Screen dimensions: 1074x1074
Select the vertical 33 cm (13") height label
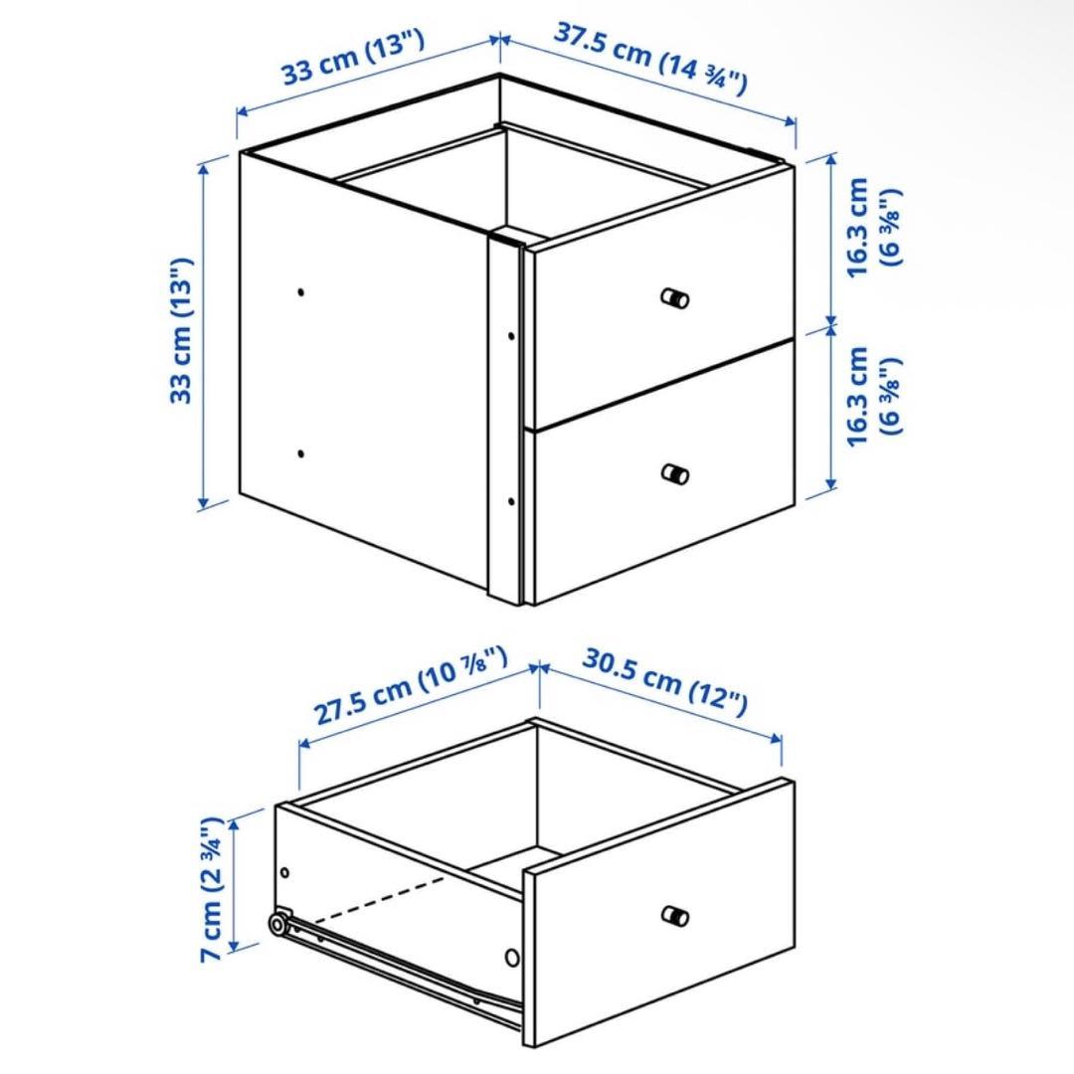(182, 330)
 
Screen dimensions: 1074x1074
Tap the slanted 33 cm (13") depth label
(354, 59)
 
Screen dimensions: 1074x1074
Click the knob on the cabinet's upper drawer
(675, 297)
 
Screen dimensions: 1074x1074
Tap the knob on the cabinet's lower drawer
(675, 473)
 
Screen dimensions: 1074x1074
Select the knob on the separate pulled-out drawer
(675, 916)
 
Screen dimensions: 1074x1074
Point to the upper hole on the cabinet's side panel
(301, 292)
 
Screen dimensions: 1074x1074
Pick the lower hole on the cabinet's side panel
(301, 453)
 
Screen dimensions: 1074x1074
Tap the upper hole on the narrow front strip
(510, 336)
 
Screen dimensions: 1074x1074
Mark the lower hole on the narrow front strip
(510, 500)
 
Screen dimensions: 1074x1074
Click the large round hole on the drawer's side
(512, 958)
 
